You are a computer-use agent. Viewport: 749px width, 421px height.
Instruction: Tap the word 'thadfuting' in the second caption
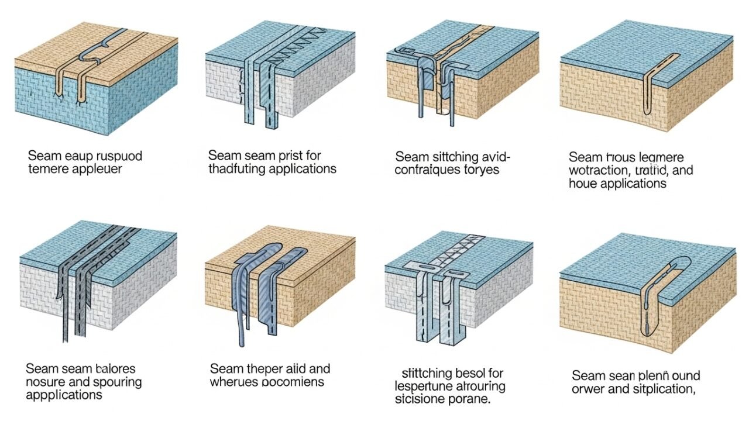[238, 170]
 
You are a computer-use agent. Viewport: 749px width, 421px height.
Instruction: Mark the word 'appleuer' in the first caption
[98, 170]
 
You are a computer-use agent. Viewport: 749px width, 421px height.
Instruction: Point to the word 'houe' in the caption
[581, 184]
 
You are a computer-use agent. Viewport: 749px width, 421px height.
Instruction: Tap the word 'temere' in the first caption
[46, 170]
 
